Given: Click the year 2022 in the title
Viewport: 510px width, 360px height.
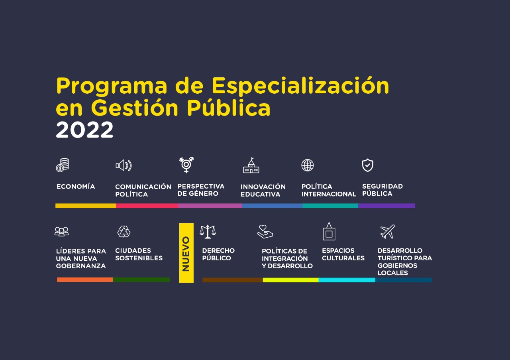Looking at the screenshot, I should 84,130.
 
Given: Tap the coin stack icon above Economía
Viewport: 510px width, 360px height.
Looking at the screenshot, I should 62,165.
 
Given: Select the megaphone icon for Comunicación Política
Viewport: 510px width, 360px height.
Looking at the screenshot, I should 124,165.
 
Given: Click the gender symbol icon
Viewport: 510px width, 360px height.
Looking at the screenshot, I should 186,165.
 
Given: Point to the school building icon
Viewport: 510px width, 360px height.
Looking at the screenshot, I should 251,165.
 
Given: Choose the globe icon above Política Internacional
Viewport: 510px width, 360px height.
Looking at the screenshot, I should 308,165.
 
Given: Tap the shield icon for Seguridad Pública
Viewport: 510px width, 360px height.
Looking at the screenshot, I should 367,165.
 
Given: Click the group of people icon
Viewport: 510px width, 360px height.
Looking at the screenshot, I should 62,232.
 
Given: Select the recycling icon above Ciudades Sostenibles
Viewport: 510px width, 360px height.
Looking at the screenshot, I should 124,232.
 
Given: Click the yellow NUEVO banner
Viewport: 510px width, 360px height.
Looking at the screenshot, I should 186,253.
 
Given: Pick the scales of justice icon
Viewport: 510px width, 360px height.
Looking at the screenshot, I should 208,232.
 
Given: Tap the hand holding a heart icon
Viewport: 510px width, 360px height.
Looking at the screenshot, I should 265,232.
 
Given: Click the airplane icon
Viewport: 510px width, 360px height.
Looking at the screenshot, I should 387,232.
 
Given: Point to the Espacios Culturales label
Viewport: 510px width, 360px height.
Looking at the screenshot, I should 343,254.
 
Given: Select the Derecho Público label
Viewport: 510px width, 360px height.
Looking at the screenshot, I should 218,254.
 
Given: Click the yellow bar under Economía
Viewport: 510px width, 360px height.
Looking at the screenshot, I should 86,206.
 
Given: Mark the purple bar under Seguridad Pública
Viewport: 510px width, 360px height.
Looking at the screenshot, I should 386,206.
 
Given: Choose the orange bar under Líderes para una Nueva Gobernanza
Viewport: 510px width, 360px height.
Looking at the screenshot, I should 85,279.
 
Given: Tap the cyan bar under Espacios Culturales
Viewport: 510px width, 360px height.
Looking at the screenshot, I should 347,280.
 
